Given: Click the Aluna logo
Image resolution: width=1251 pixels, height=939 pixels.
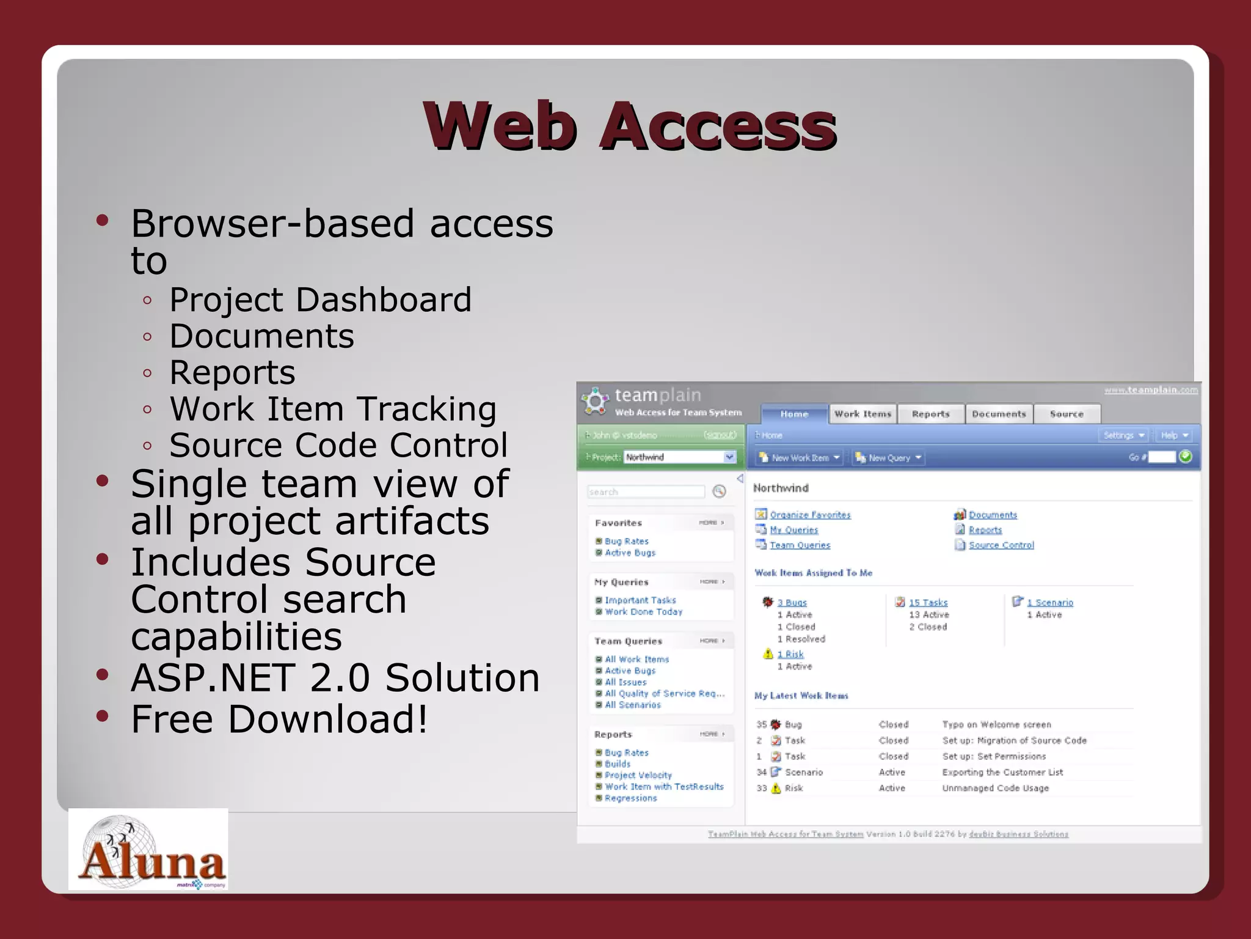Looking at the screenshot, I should pos(148,850).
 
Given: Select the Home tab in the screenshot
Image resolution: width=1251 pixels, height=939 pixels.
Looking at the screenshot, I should pos(794,414).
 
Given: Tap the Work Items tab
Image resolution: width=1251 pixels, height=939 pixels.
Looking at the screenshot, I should pos(863,414).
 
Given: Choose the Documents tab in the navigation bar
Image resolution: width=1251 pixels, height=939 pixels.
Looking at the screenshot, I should pos(999,414).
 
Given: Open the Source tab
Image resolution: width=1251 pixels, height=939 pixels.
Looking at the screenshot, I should pos(1067,414).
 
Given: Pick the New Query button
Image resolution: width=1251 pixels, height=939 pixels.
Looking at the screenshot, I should pos(889,457).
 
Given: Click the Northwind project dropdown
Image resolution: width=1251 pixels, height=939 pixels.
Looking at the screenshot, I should pos(680,457).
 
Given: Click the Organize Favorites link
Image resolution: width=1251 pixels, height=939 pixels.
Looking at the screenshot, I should pos(810,515).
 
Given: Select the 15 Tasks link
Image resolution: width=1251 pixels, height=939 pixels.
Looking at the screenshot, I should pos(928,602).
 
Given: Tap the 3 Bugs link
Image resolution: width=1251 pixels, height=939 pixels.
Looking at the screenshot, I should pos(792,602).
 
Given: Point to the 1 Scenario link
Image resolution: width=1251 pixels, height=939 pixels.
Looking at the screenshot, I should pos(1049,602).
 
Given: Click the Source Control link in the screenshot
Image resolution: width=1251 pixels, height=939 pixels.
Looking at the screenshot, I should pos(1001,545).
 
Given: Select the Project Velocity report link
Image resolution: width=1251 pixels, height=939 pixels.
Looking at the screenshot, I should pos(638,775).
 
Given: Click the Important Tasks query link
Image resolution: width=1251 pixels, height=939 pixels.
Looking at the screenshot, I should pos(640,600).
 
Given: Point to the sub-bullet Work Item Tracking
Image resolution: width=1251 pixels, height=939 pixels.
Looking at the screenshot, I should pos(333,408).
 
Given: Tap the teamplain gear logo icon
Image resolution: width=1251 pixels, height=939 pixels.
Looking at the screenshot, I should pos(595,401).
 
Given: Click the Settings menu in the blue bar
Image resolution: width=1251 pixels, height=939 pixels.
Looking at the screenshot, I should pos(1123,435).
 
